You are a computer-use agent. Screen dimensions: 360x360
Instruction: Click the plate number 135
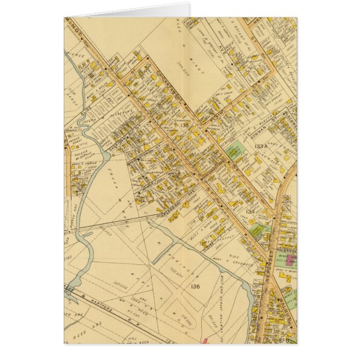click(x=184, y=125)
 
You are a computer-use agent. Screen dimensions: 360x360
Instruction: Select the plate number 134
click(x=250, y=211)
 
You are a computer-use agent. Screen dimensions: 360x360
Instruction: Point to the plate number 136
click(x=194, y=287)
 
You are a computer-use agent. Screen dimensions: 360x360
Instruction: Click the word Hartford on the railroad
click(x=98, y=315)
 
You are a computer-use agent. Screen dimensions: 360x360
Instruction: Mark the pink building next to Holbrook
click(x=290, y=259)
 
